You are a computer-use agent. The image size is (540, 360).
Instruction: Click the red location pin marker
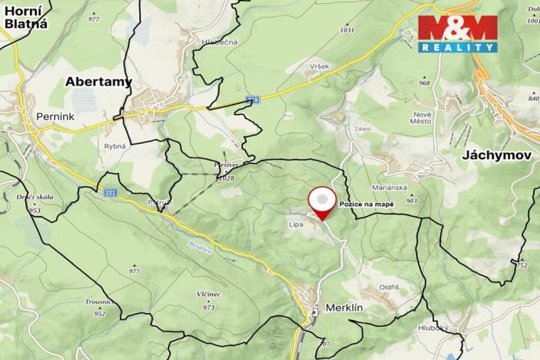[x=322, y=202]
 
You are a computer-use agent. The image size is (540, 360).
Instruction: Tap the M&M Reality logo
[x=457, y=32]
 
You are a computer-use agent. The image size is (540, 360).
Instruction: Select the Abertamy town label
[x=98, y=81]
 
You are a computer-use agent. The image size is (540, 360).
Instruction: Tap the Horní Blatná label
[x=25, y=16]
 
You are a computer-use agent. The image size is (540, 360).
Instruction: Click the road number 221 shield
[x=111, y=193]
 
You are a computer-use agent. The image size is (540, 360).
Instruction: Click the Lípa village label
[x=295, y=225]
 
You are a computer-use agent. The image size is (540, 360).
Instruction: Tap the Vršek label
[x=320, y=66]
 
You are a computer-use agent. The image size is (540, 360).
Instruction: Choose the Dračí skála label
[x=34, y=198]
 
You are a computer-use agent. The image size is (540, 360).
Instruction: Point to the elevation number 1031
[x=347, y=30]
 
